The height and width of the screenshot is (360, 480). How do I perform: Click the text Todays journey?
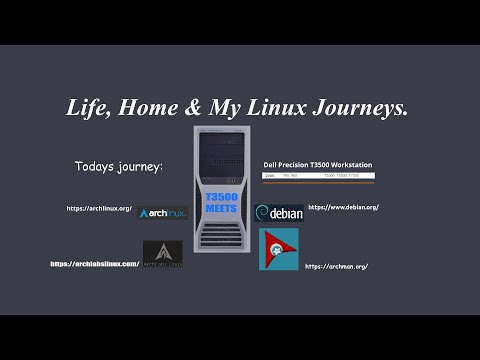click(118, 165)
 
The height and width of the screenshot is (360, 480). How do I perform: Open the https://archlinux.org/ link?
click(99, 208)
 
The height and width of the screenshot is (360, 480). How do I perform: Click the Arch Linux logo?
click(162, 213)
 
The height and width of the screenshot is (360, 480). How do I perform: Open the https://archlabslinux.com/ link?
click(95, 264)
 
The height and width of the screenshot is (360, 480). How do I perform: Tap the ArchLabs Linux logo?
click(162, 254)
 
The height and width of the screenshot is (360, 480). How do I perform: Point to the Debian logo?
click(279, 213)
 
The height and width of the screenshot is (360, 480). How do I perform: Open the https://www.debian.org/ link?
click(343, 207)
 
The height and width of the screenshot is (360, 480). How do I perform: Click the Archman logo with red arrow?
click(278, 249)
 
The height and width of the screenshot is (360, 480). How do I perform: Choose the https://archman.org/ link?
click(336, 266)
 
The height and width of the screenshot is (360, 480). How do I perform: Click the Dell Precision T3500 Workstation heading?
click(318, 163)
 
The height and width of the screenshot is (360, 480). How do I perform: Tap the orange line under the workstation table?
click(318, 183)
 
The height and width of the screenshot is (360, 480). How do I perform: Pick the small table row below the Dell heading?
click(318, 175)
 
